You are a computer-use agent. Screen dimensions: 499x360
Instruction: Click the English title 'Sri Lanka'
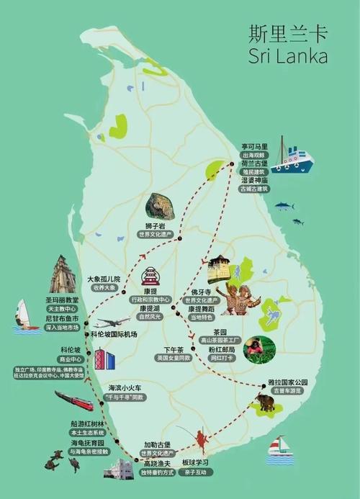[287, 56]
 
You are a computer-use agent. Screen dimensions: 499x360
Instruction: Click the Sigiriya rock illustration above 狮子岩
[159, 207]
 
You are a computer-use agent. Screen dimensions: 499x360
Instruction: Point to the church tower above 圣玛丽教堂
[63, 275]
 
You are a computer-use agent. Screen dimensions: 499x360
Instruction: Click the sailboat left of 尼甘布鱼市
[24, 315]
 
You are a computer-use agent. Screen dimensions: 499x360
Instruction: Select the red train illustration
[73, 400]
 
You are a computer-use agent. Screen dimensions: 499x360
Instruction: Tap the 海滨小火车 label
[125, 387]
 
